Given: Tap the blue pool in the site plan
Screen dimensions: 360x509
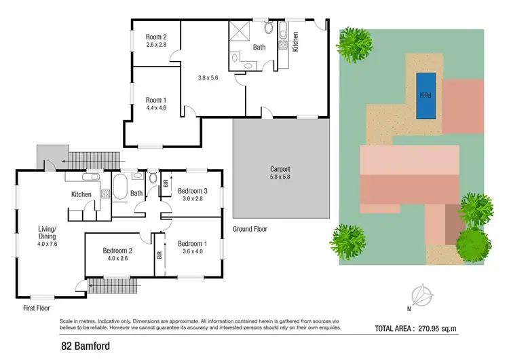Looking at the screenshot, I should coord(425,86).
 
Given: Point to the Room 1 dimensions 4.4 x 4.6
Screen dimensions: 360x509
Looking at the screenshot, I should coord(156,108).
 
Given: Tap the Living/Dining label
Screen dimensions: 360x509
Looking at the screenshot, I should coord(47,238).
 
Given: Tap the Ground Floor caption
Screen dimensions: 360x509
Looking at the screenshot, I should coord(250,230).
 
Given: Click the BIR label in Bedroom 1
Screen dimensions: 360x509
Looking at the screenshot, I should coord(160,256).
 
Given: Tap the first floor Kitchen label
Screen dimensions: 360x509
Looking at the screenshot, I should coord(81,195).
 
